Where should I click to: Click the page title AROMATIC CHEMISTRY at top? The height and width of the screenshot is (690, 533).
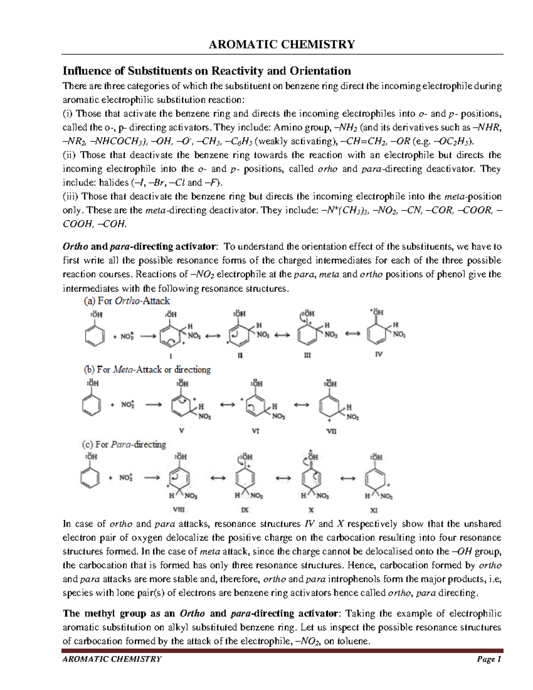(282, 44)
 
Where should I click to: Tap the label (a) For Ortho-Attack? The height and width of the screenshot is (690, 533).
(127, 301)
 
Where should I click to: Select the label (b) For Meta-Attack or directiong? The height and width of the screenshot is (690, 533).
(147, 369)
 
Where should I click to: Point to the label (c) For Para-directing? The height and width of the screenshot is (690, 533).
(124, 444)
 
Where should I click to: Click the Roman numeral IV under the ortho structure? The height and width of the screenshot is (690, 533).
(379, 354)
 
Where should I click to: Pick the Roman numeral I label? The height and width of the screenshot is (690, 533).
(170, 356)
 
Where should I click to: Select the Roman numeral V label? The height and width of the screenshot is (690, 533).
(181, 431)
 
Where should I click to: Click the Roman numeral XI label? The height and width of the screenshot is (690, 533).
(374, 511)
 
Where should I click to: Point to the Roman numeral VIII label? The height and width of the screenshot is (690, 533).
(179, 510)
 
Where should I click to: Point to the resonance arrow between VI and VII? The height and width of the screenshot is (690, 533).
(301, 405)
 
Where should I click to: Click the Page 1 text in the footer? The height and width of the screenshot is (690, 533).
(489, 659)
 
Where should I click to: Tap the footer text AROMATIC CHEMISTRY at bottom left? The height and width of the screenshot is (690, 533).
(112, 659)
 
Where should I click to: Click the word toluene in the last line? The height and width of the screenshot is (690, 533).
(354, 641)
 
